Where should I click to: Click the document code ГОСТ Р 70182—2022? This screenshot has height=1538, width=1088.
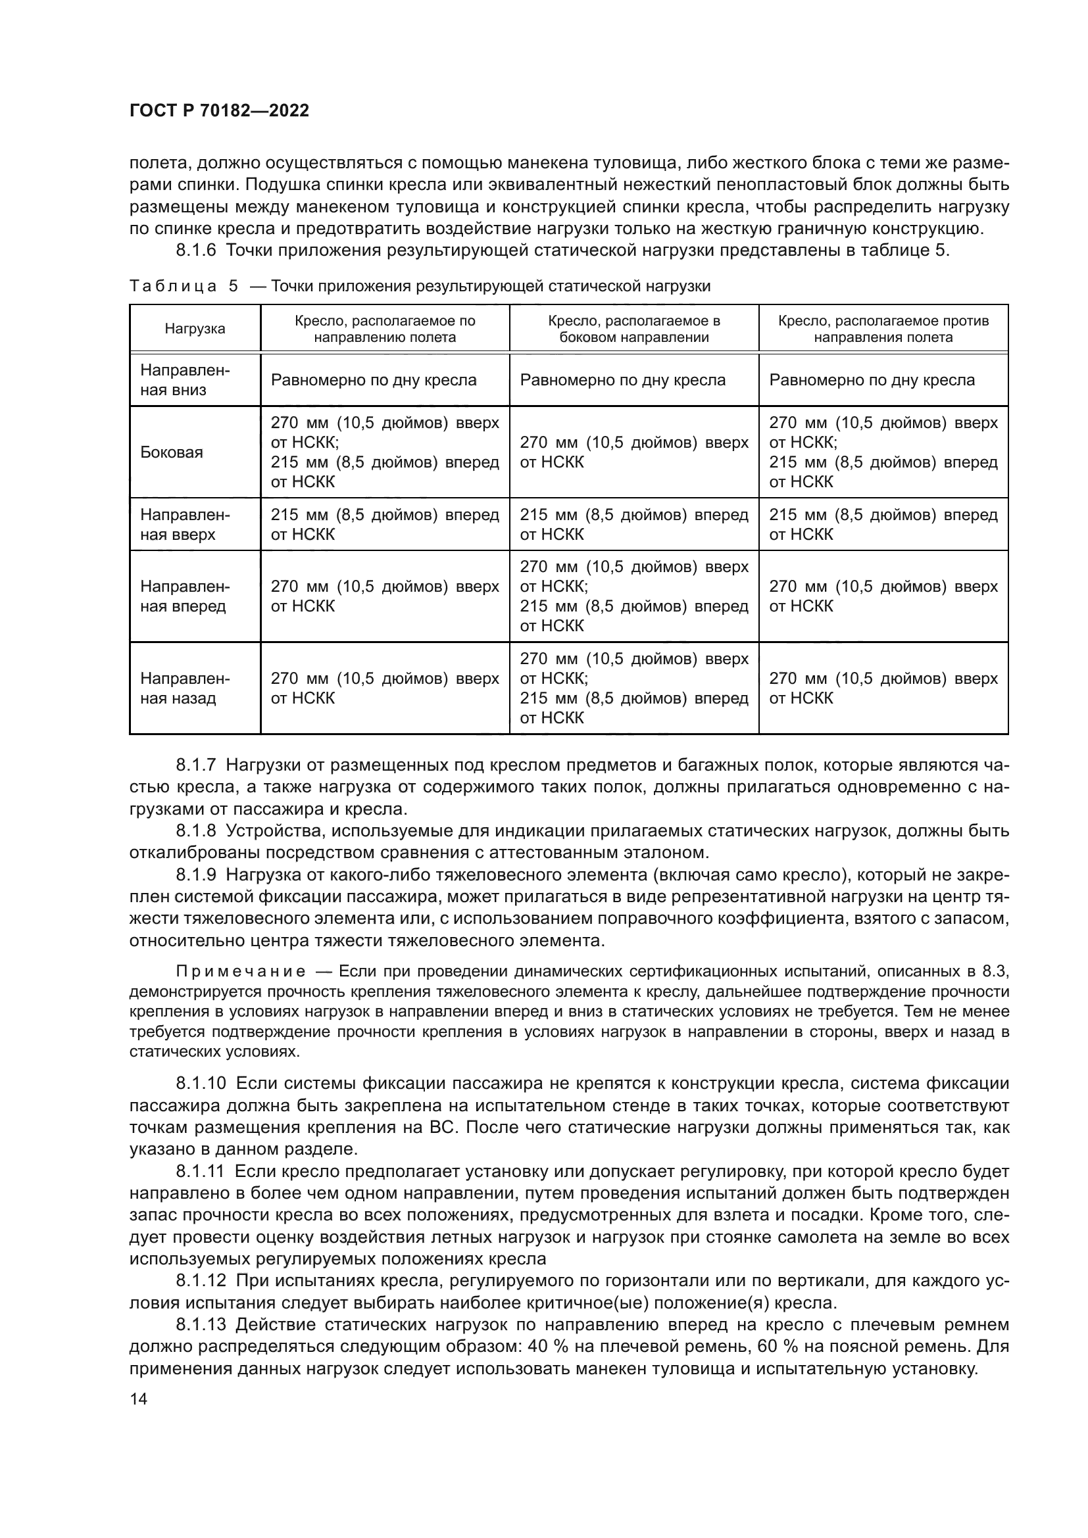click(219, 111)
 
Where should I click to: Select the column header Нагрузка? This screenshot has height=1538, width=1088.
click(195, 328)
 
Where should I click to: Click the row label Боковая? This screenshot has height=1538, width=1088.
click(172, 452)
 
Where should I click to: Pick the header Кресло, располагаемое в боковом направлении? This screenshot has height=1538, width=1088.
click(633, 328)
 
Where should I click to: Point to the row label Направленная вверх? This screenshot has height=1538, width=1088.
click(185, 525)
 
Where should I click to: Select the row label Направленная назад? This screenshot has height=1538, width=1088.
click(185, 688)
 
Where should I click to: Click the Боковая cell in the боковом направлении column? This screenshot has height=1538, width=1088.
click(633, 452)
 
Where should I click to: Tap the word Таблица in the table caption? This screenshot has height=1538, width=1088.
click(173, 286)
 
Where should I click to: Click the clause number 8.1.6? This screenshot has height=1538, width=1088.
click(196, 251)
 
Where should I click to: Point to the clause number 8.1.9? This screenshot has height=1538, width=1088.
click(196, 875)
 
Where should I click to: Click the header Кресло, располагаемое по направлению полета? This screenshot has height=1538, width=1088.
click(385, 328)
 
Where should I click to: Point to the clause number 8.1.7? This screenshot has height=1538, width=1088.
click(196, 765)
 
